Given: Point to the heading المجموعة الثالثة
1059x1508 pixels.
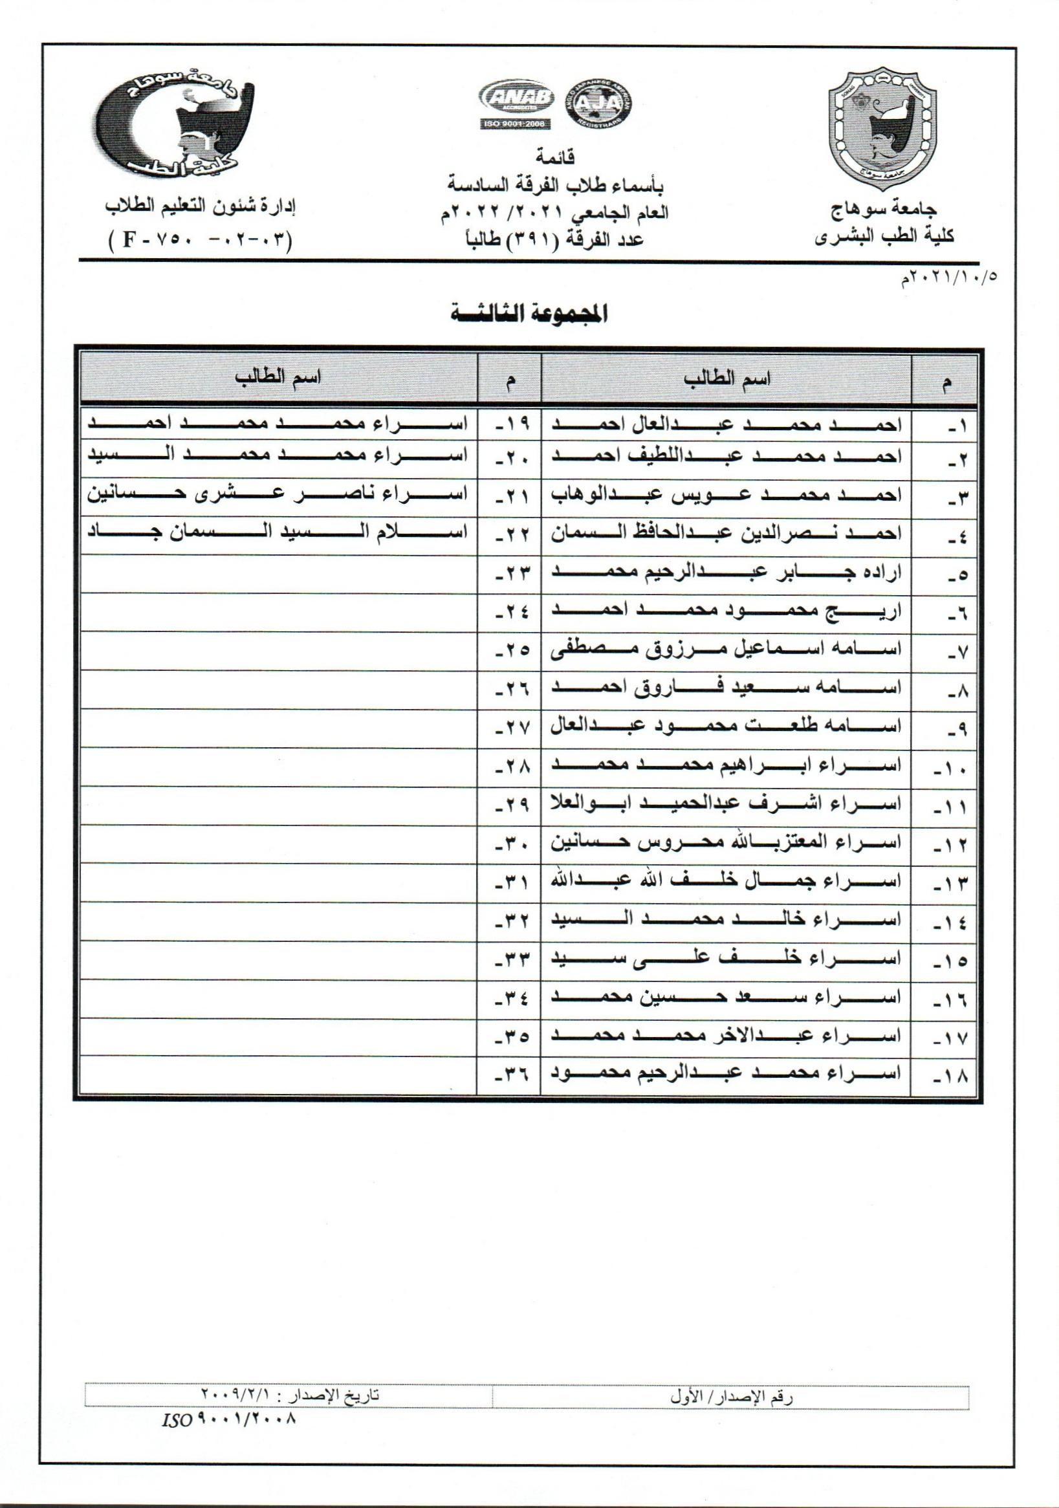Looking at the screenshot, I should [529, 314].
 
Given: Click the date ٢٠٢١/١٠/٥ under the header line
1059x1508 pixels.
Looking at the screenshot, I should [948, 278].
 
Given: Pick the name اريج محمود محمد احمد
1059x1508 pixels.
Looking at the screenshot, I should [725, 611].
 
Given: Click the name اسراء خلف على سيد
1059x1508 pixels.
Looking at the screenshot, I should [725, 959].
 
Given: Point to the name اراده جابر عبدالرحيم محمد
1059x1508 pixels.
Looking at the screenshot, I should [725, 573].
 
